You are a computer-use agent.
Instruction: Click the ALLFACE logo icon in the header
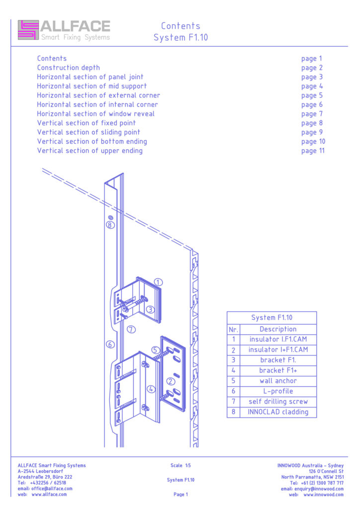(x=28, y=30)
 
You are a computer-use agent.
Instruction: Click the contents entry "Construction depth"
(x=68, y=68)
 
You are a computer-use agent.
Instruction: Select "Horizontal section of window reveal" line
(x=95, y=114)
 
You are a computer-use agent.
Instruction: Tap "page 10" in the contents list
(x=313, y=142)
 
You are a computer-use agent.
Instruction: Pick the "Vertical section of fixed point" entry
(x=86, y=123)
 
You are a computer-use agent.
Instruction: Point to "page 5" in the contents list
(x=312, y=95)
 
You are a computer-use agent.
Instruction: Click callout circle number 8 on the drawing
(x=110, y=225)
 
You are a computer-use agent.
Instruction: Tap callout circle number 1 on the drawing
(x=158, y=282)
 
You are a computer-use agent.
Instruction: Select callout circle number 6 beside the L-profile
(x=110, y=344)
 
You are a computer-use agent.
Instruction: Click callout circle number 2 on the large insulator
(x=170, y=381)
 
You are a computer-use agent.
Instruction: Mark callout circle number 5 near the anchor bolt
(x=155, y=350)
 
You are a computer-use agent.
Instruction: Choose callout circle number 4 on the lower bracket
(x=151, y=389)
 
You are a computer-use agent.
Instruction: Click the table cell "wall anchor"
(x=278, y=381)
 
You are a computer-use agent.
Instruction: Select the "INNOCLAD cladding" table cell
(x=278, y=412)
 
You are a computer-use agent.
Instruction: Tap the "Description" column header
(x=278, y=329)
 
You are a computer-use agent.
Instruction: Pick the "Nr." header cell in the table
(x=233, y=329)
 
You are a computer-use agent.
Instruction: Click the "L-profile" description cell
(x=278, y=391)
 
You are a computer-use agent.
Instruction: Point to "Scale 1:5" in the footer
(x=180, y=466)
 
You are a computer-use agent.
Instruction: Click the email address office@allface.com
(x=51, y=489)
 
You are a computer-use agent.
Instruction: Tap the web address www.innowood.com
(x=323, y=495)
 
